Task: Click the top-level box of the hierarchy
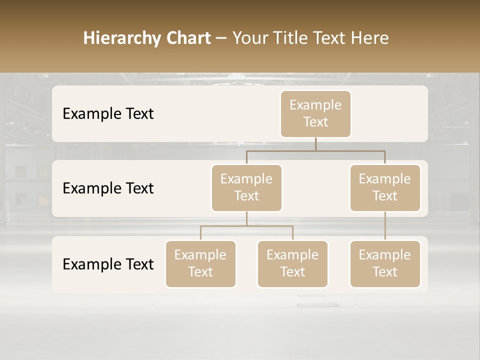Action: click(x=315, y=113)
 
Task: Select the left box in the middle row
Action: click(x=246, y=187)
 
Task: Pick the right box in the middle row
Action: click(x=385, y=187)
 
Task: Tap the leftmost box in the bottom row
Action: click(x=200, y=263)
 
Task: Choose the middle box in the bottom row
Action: click(x=292, y=263)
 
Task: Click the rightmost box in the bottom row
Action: click(x=385, y=263)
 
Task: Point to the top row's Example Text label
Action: click(x=108, y=114)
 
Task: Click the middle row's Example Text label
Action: click(x=108, y=188)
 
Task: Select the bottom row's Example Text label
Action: click(x=108, y=264)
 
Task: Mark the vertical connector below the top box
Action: click(x=315, y=144)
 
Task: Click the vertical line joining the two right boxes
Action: click(x=385, y=226)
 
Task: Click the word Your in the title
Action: click(x=248, y=38)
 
